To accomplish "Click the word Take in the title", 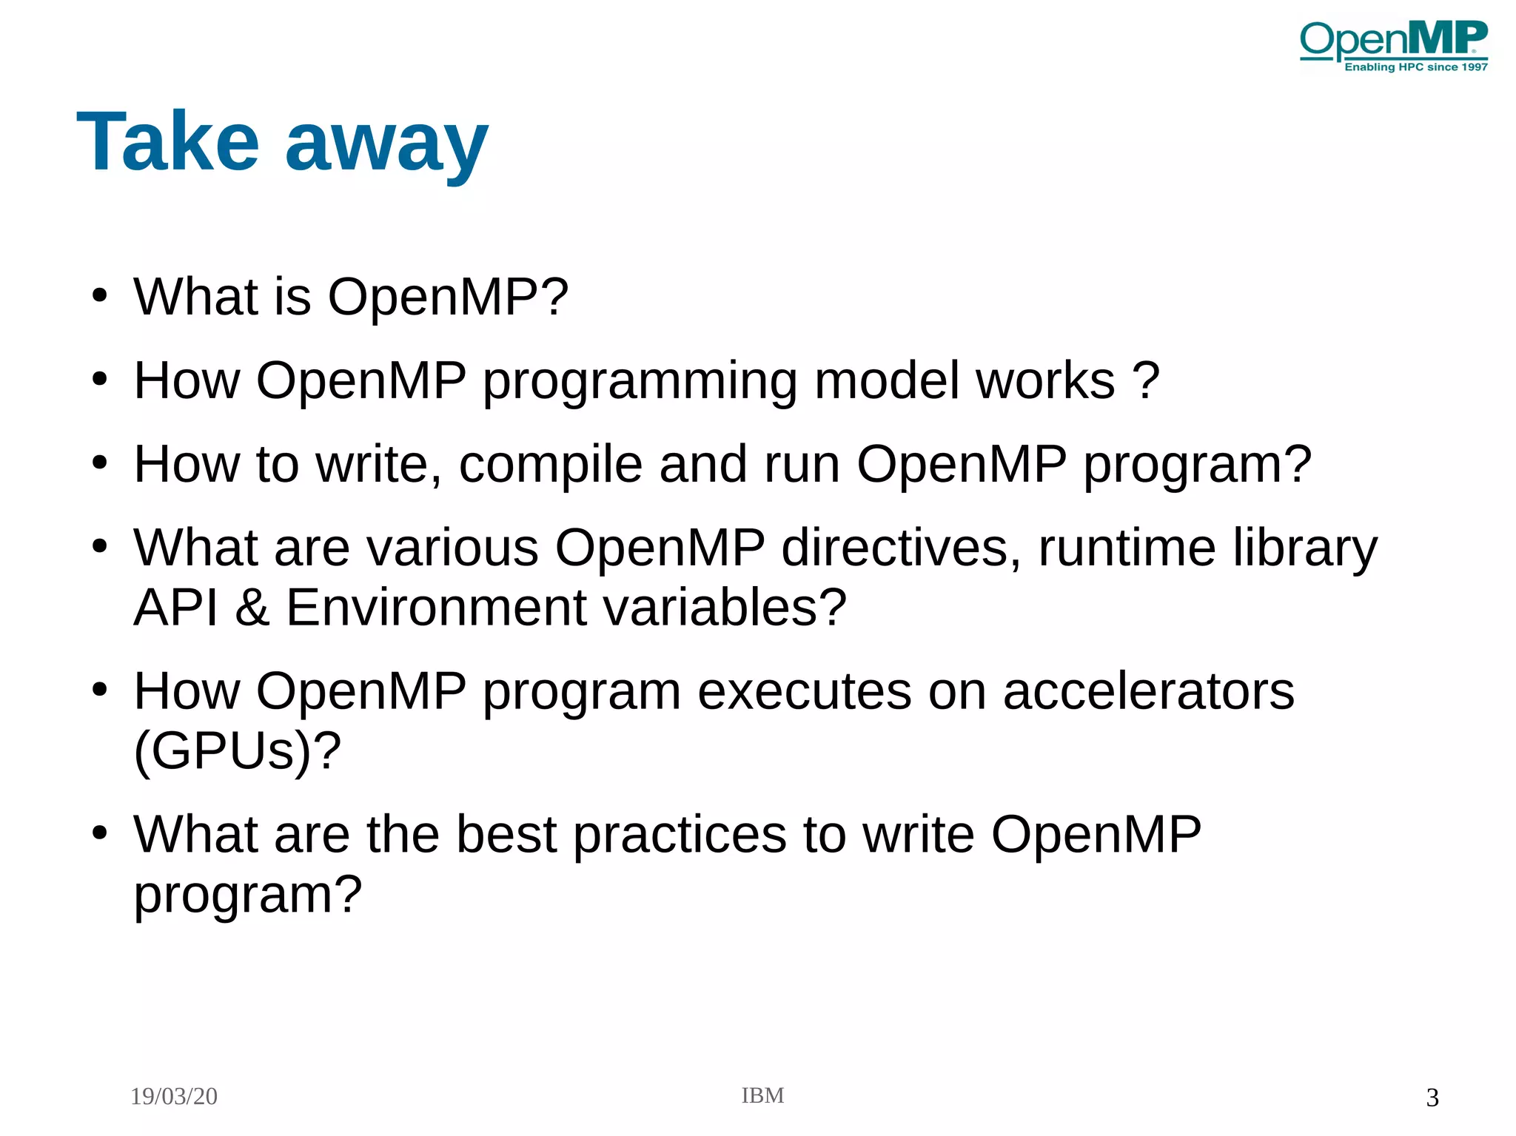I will pos(168,141).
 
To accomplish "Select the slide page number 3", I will pos(1432,1097).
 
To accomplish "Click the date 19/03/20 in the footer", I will pos(174,1096).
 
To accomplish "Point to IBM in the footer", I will pos(762,1095).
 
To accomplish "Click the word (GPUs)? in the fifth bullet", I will pos(237,751).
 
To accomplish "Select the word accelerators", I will pos(1148,691).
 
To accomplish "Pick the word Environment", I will pos(436,608).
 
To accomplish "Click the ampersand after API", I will pos(252,608).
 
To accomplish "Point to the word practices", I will pos(680,835).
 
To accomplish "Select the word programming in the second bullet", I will pos(640,382).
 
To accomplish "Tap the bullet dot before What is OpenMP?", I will pos(99,296).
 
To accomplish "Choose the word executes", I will pos(804,691).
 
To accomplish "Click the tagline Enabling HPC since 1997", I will pos(1415,67).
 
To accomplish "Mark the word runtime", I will pos(1127,548).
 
